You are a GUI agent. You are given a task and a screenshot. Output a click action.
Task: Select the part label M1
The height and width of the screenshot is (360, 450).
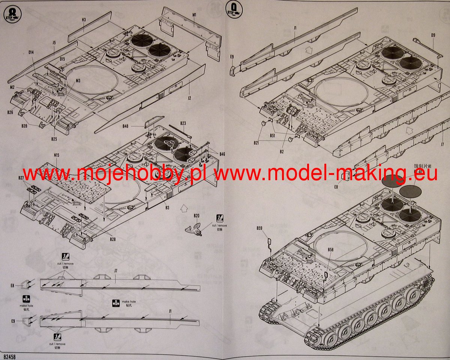point(194,14)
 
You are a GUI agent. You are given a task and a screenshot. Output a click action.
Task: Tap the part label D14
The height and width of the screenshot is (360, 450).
point(31,52)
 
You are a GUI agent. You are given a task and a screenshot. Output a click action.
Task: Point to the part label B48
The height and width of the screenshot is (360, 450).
point(125,126)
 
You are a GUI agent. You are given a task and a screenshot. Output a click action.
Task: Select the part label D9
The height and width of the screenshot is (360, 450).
point(433,36)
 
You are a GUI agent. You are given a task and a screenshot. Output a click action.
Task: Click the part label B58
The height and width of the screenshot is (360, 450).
point(330,249)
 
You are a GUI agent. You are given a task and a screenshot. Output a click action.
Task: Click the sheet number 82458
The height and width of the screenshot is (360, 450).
point(8,356)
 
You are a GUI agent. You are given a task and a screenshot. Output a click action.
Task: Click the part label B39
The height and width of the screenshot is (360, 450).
point(24,126)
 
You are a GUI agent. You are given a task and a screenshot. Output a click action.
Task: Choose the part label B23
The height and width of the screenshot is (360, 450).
point(183,123)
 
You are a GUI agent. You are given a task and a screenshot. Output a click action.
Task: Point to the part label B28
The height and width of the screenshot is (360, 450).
point(112,239)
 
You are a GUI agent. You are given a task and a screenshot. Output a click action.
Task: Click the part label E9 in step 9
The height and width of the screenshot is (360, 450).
point(232,57)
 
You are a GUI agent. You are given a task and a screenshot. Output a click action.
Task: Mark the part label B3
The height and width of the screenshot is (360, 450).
point(167,208)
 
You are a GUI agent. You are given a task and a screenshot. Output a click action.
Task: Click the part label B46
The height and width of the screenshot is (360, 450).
point(222,154)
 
